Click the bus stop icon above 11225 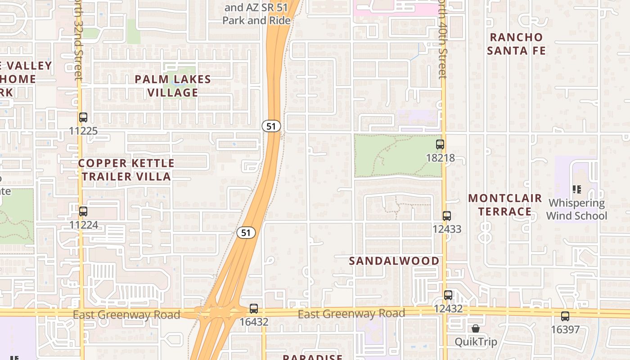pyautogui.click(x=83, y=118)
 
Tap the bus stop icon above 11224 pyautogui.click(x=83, y=211)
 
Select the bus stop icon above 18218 pyautogui.click(x=440, y=145)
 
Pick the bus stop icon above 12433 pyautogui.click(x=447, y=216)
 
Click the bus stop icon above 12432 pyautogui.click(x=448, y=295)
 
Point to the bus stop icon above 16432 pyautogui.click(x=254, y=309)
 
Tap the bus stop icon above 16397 pyautogui.click(x=565, y=316)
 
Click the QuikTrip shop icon pyautogui.click(x=476, y=329)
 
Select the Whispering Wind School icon pyautogui.click(x=576, y=190)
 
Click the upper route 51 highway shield pyautogui.click(x=271, y=126)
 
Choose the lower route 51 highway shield pyautogui.click(x=246, y=233)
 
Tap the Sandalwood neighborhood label pyautogui.click(x=394, y=261)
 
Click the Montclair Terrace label pyautogui.click(x=505, y=205)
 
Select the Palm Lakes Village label pyautogui.click(x=173, y=86)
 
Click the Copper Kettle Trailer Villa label pyautogui.click(x=126, y=170)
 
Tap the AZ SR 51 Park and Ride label pyautogui.click(x=256, y=14)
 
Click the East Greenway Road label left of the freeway pyautogui.click(x=126, y=315)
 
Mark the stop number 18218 pyautogui.click(x=440, y=158)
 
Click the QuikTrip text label pyautogui.click(x=476, y=342)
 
